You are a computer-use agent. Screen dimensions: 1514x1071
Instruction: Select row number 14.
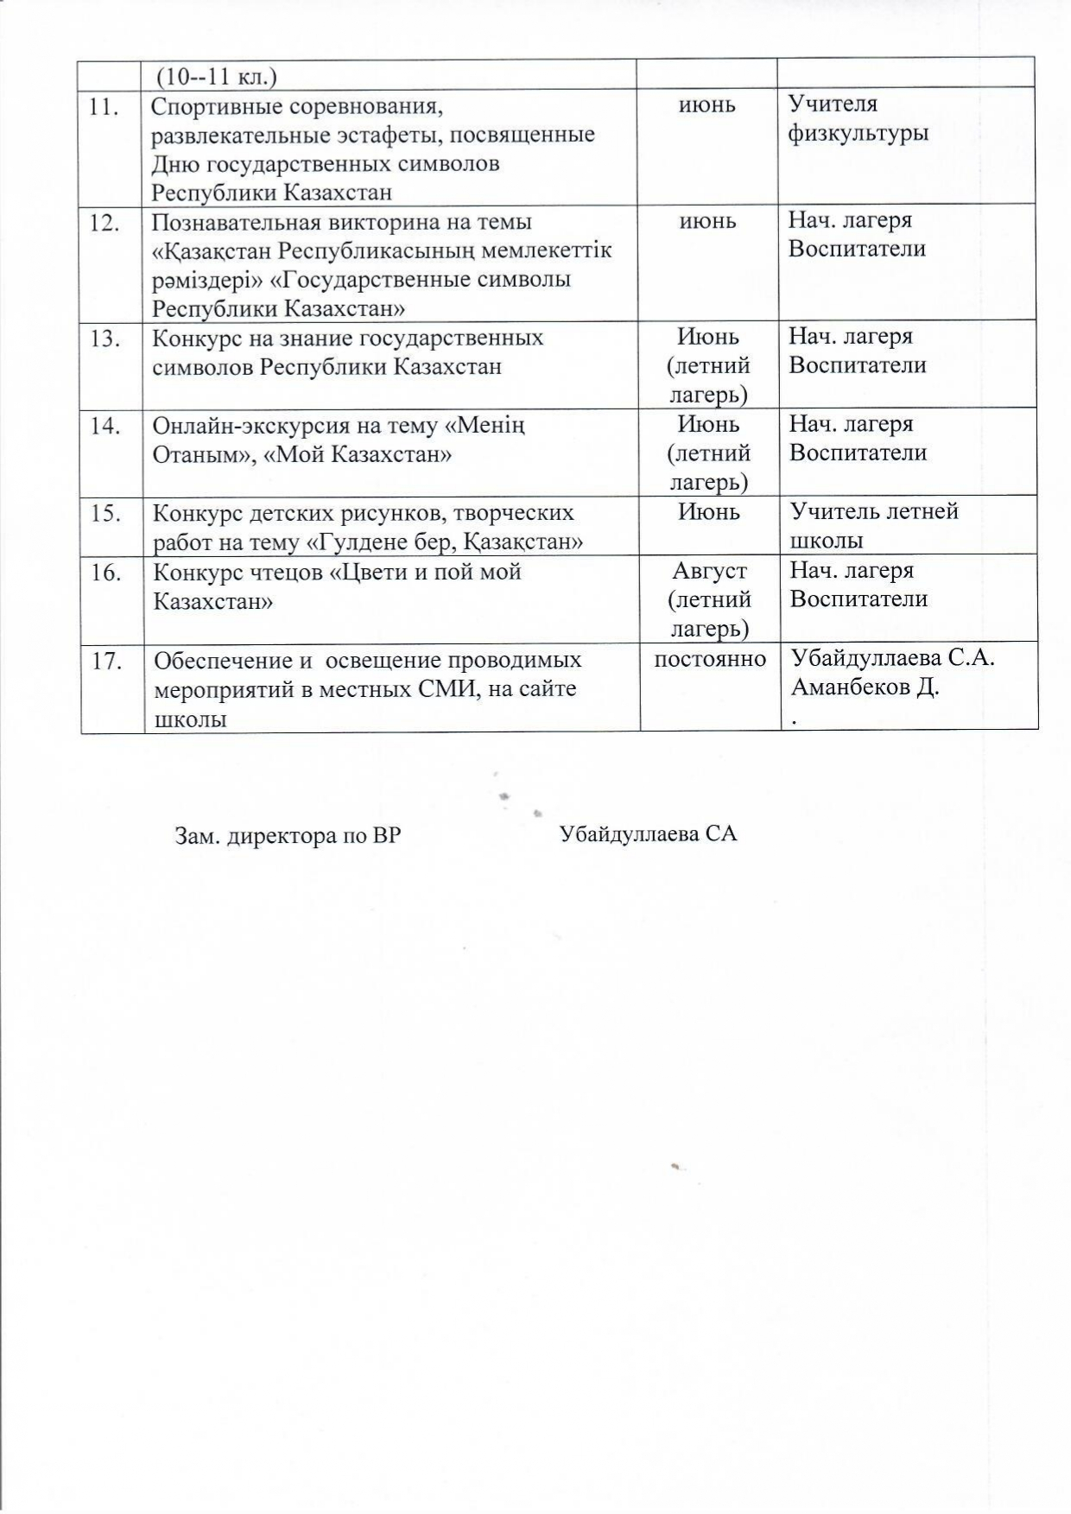(105, 426)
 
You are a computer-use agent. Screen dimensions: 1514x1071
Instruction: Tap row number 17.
(105, 661)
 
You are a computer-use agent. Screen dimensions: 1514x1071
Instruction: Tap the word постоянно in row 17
(710, 660)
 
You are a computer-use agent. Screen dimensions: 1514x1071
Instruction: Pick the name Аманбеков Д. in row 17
(865, 688)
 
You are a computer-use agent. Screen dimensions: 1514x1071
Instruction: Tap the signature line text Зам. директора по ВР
(288, 836)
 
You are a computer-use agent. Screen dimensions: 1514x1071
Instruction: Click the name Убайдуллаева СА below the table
(648, 834)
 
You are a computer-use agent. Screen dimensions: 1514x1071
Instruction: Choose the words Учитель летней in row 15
(874, 511)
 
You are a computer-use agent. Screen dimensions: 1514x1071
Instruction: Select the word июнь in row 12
(708, 221)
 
